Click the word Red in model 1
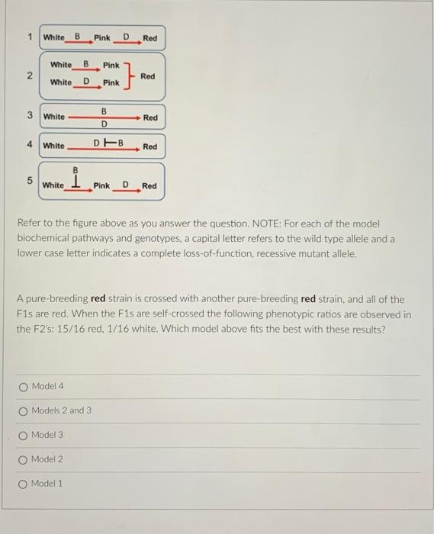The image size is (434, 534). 149,38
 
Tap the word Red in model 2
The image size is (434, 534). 148,76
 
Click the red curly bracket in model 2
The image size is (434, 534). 129,75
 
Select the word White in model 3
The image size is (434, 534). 54,117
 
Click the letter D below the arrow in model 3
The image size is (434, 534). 104,124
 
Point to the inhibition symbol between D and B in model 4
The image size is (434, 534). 104,142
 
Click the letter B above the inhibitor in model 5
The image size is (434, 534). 75,170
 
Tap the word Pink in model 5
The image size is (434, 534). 102,185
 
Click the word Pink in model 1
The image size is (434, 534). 102,37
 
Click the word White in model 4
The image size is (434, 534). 54,146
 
